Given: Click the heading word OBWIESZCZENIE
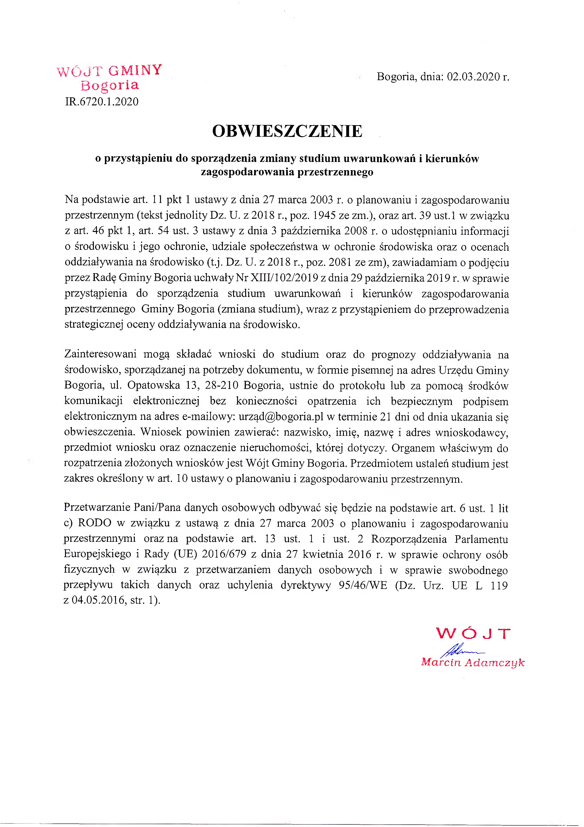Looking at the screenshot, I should (x=287, y=131).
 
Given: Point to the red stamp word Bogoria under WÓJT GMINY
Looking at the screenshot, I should (x=110, y=86).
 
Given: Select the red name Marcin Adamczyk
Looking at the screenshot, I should (x=473, y=662).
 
